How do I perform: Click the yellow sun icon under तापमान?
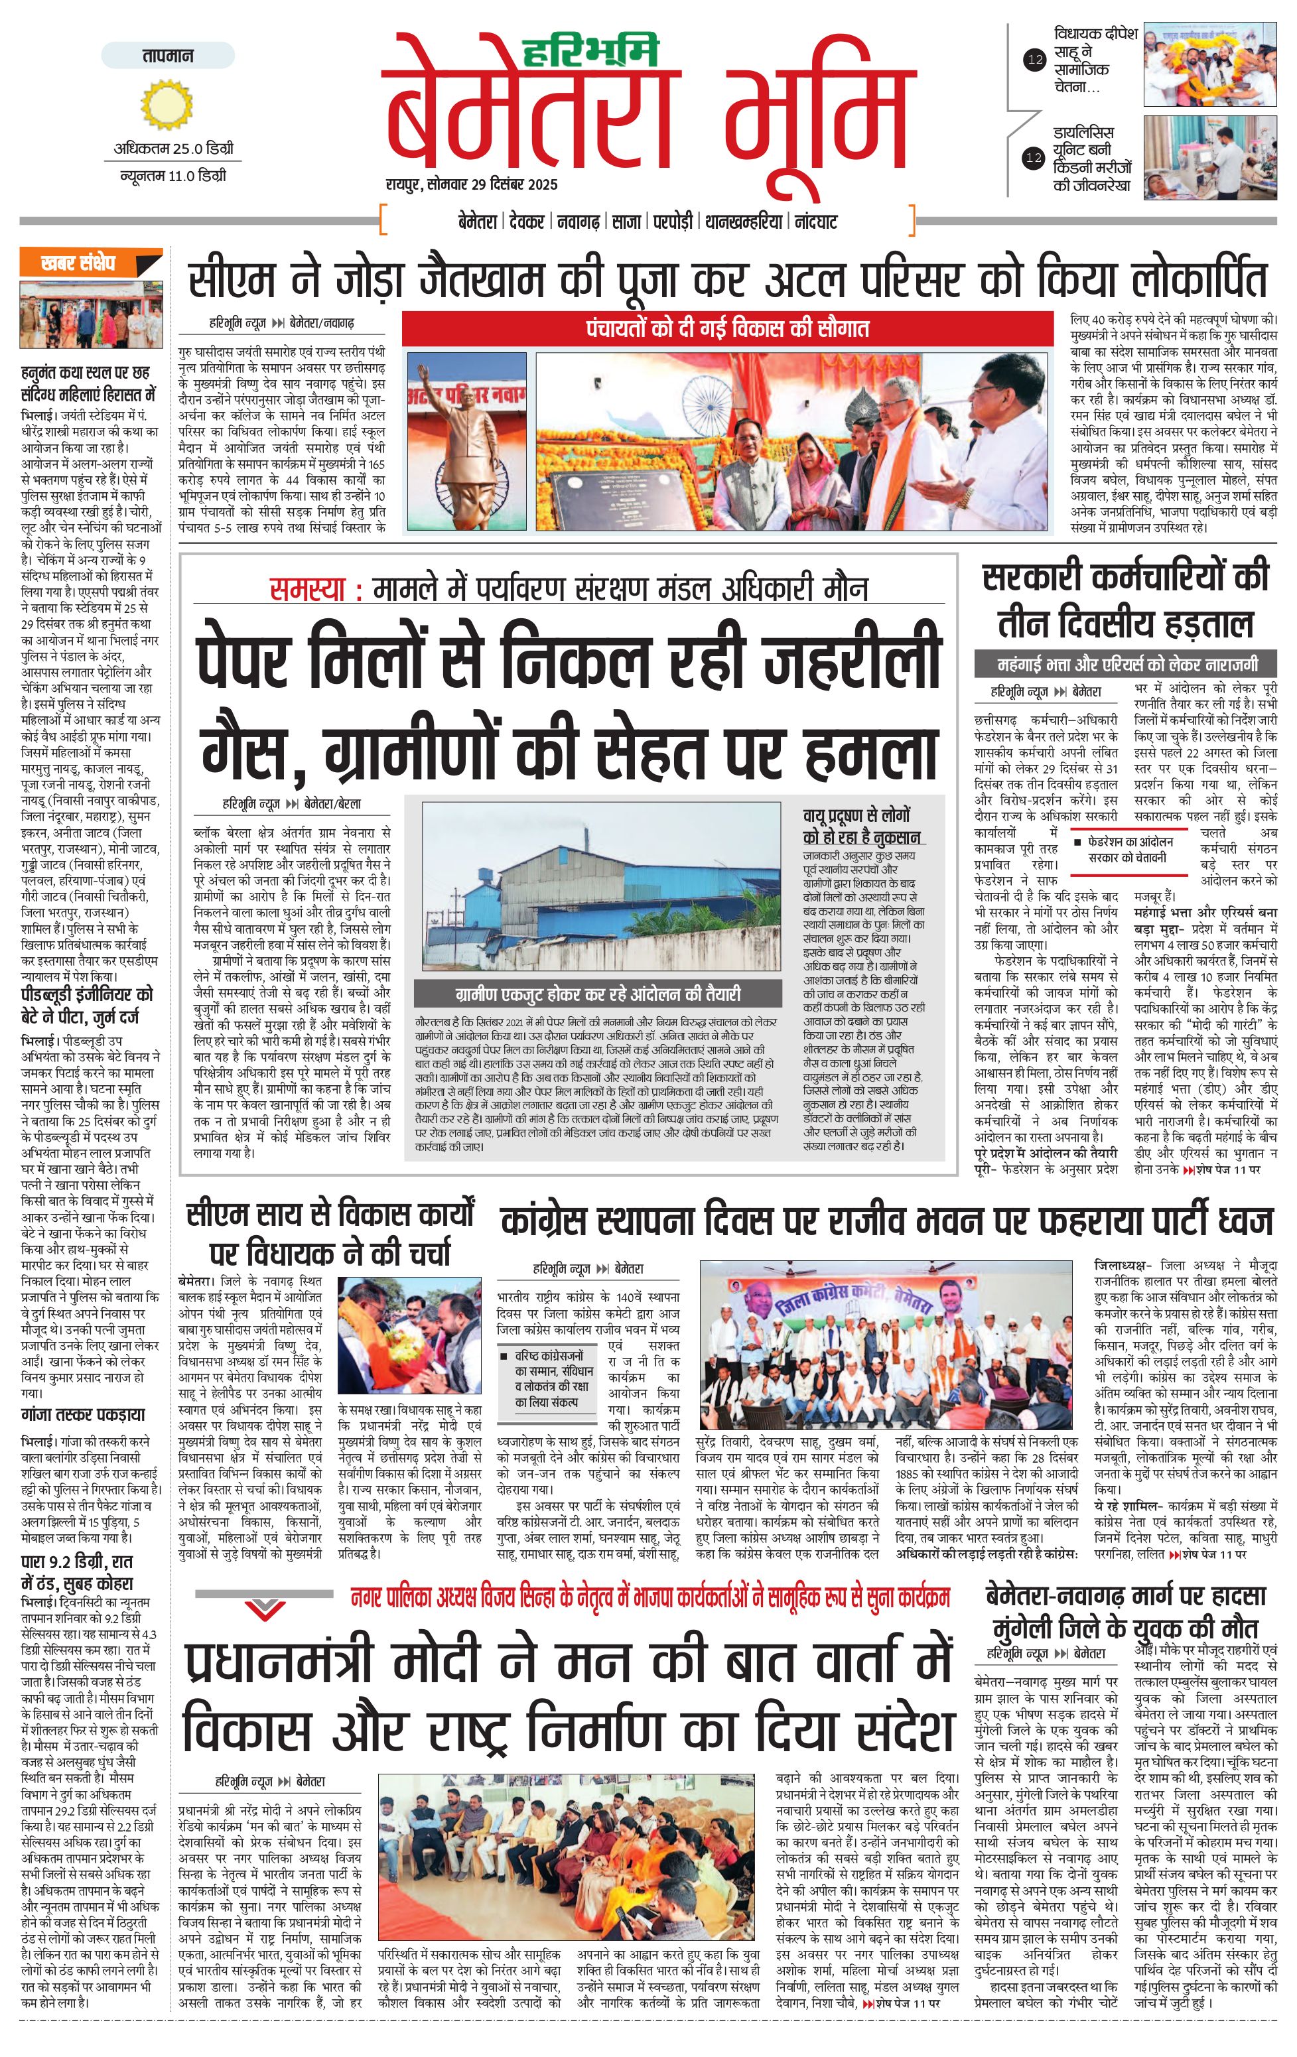tap(157, 104)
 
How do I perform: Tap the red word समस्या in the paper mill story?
tap(307, 590)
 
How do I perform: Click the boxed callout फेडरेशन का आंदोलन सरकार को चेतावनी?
tap(1130, 849)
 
